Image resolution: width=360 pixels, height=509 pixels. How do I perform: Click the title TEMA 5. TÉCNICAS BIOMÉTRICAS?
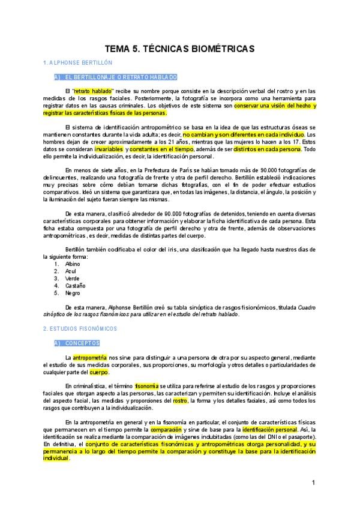pos(180,49)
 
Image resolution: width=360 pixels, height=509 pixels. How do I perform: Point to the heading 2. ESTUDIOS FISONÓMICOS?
pos(80,329)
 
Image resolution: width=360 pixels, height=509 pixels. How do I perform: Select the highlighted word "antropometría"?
pos(89,357)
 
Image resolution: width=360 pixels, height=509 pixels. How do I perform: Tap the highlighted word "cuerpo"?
pos(99,372)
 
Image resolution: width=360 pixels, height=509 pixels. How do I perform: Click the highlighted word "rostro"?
pos(180,400)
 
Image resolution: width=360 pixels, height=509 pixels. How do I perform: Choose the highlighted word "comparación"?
pos(166,430)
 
